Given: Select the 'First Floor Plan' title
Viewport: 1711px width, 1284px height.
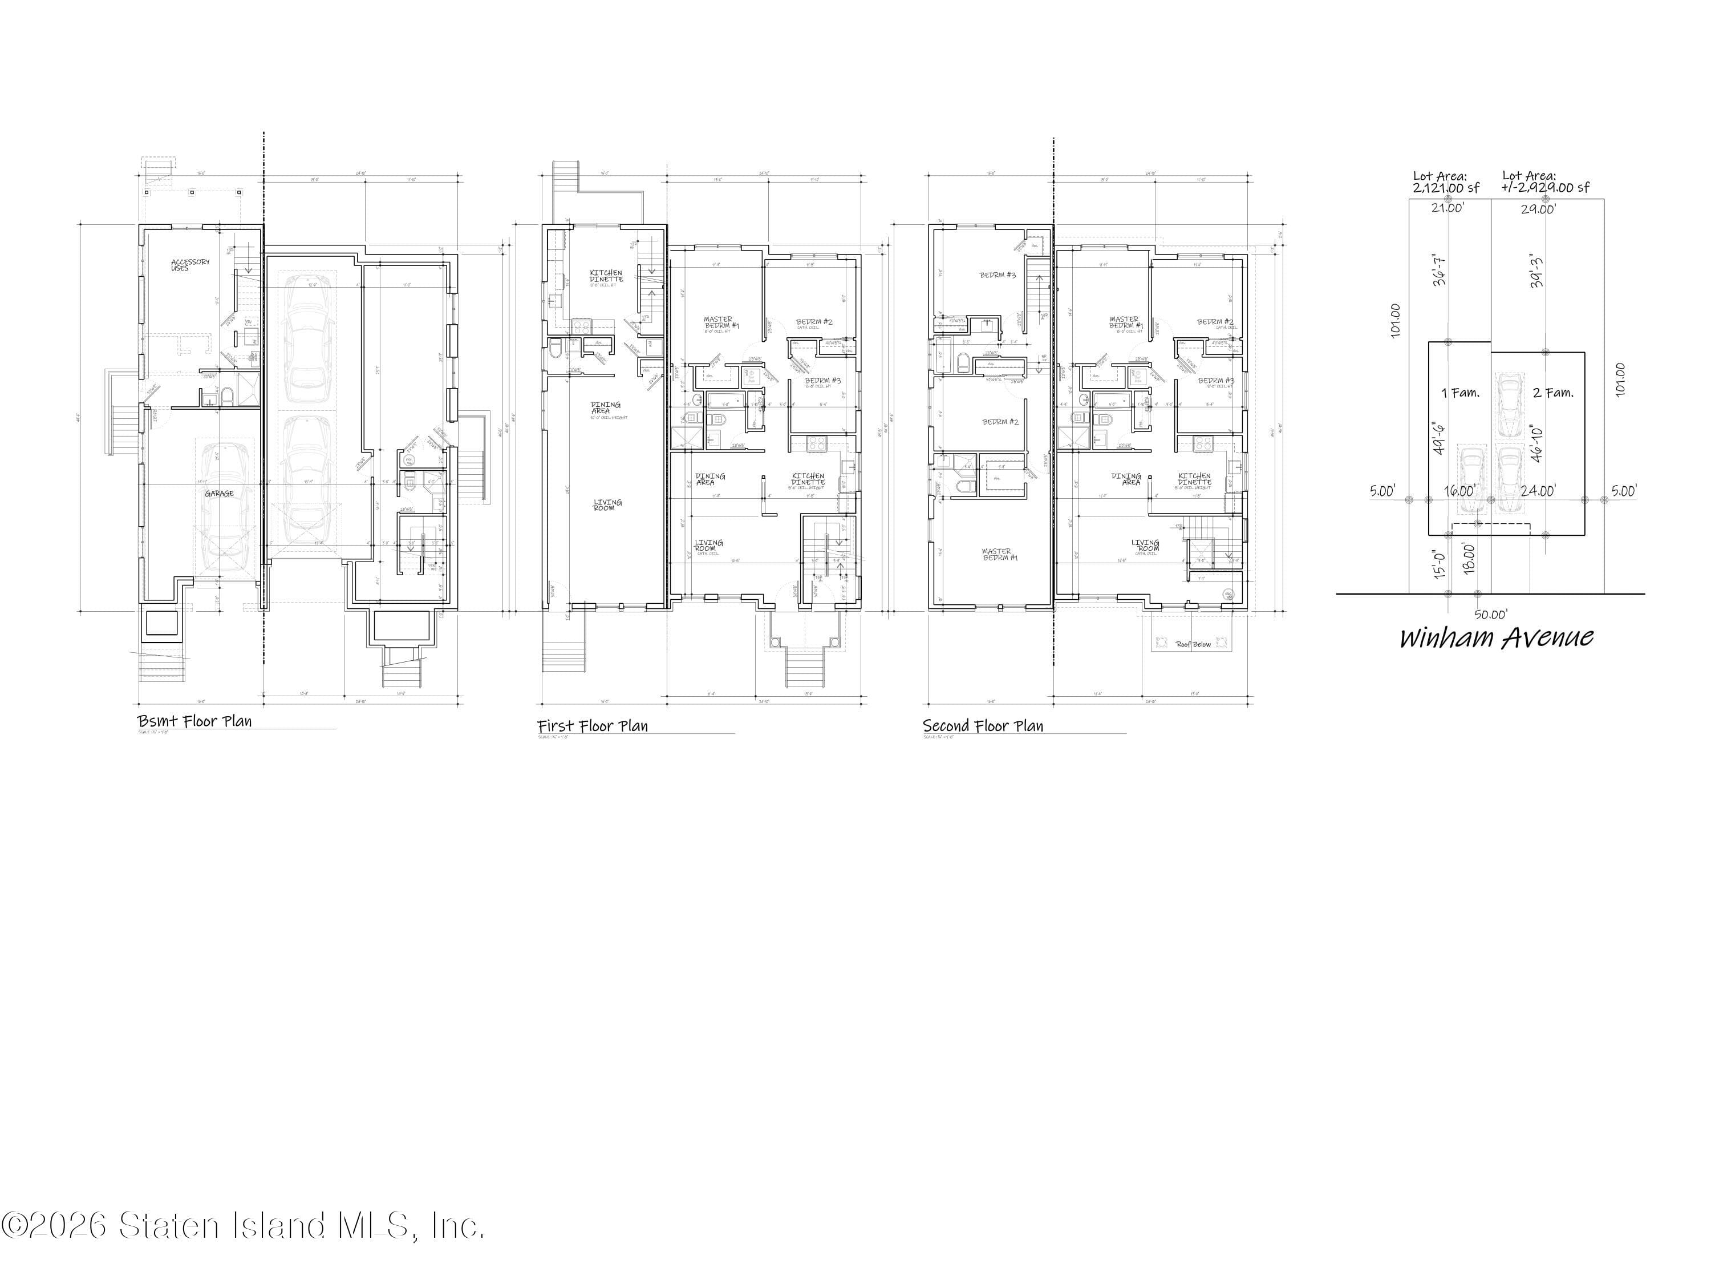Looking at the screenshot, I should pyautogui.click(x=593, y=725).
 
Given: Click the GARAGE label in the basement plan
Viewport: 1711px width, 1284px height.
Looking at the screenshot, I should pyautogui.click(x=219, y=493).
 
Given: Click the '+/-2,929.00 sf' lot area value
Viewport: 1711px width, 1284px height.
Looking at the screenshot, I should pyautogui.click(x=1546, y=187).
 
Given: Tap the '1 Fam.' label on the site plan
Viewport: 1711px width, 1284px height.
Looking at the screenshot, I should pyautogui.click(x=1459, y=393).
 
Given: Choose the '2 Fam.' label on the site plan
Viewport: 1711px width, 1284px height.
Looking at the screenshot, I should pyautogui.click(x=1552, y=393).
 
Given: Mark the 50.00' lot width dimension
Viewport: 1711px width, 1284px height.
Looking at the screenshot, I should pyautogui.click(x=1490, y=615).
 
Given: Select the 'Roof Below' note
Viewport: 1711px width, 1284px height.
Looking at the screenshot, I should pyautogui.click(x=1193, y=644).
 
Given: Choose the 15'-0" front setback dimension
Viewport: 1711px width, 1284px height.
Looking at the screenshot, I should pyautogui.click(x=1440, y=565).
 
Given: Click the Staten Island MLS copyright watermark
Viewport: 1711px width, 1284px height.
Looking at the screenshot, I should pyautogui.click(x=244, y=1225).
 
